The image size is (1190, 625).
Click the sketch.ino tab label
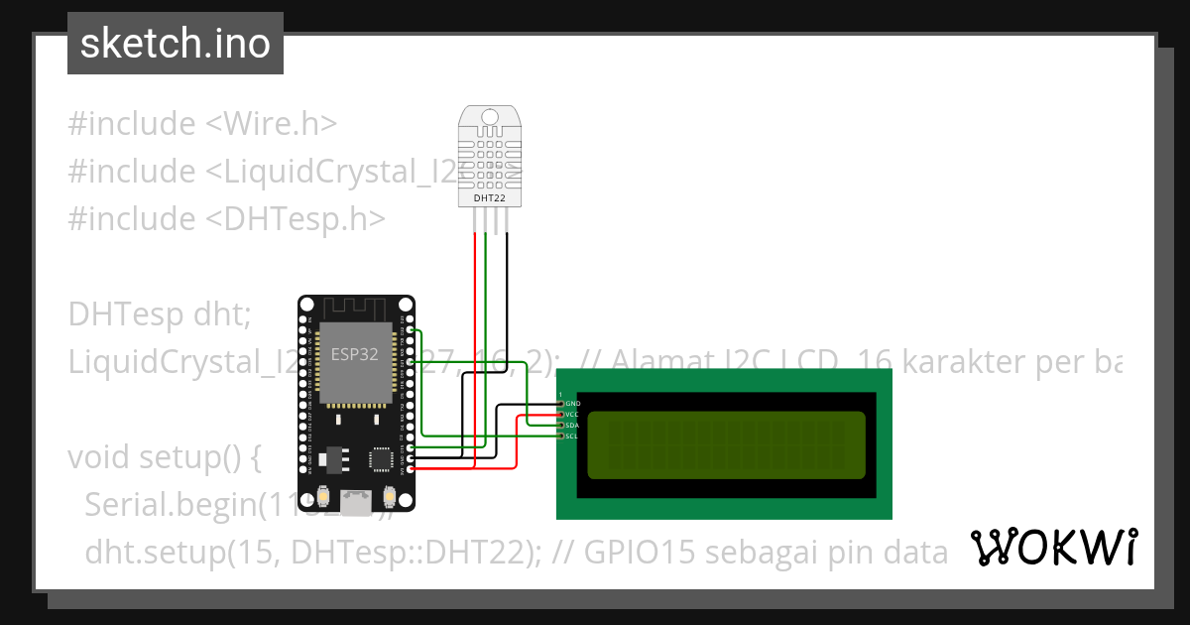point(176,44)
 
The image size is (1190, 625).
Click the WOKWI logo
point(1053,547)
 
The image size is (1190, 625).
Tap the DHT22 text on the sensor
point(490,198)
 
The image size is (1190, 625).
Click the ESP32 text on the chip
point(354,354)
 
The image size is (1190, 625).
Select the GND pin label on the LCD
point(572,403)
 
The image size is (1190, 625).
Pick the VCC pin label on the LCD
point(571,414)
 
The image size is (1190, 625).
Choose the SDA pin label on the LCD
point(571,425)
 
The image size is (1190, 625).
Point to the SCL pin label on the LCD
point(571,436)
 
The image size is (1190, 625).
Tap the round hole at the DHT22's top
point(490,116)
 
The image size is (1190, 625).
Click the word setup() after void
point(212,458)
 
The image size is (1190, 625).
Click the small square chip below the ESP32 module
point(381,458)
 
